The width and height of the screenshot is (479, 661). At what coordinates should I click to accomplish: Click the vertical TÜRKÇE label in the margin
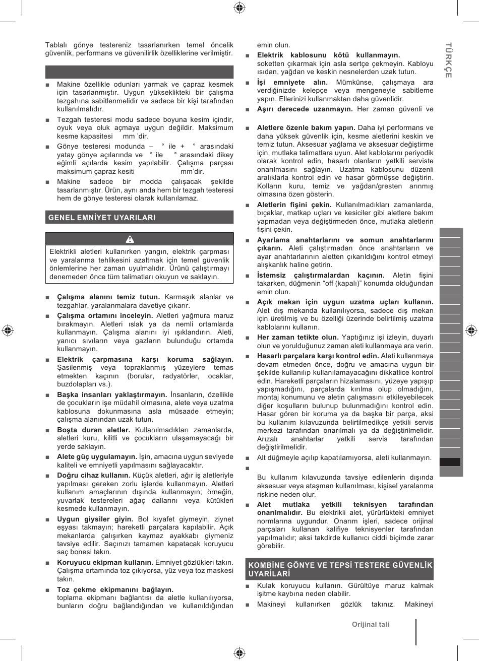448,59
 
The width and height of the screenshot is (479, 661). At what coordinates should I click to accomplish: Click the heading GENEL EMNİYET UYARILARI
102,218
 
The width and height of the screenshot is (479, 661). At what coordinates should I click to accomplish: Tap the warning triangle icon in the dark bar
130,239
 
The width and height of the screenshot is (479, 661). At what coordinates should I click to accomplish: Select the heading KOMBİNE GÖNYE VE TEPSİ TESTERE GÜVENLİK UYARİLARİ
340,569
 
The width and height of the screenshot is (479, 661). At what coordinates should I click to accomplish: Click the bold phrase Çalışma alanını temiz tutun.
108,297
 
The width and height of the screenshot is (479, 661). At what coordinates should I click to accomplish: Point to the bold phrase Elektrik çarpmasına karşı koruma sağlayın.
145,359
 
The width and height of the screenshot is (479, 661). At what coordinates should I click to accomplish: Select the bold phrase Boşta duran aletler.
93,430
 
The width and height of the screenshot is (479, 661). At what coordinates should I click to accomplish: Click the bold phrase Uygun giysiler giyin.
95,519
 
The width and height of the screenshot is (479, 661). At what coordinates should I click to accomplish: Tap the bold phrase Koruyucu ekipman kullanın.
105,562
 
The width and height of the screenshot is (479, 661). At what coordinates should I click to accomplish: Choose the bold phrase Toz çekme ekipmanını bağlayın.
115,589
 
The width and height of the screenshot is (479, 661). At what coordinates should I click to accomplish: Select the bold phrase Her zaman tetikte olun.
297,337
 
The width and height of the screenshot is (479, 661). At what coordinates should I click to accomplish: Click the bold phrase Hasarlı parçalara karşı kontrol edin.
318,356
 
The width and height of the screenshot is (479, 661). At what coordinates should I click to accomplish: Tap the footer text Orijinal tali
371,624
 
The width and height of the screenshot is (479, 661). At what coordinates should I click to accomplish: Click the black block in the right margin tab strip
451,462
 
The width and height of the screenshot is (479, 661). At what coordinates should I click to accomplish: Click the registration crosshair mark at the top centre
239,7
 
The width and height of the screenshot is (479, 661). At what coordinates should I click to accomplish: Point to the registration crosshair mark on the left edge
7,330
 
